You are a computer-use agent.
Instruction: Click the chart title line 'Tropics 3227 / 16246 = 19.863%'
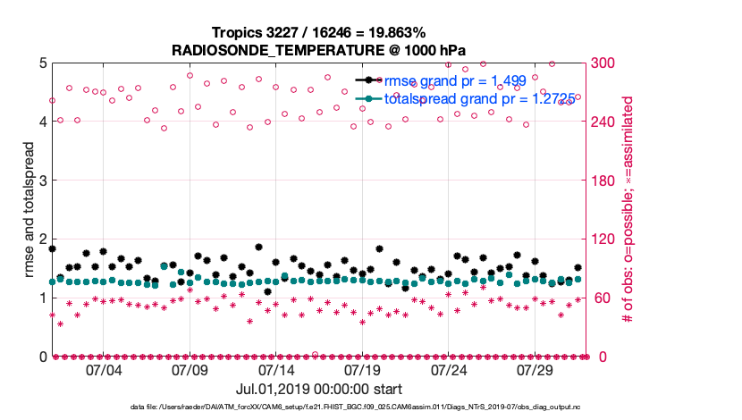point(319,32)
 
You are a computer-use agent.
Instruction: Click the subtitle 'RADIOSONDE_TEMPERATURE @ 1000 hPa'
point(319,50)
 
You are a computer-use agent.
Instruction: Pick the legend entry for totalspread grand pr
point(473,99)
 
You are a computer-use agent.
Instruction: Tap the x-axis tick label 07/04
point(104,370)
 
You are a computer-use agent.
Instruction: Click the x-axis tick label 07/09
point(190,370)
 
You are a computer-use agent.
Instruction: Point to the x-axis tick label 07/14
point(276,370)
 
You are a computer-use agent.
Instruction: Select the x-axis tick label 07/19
point(363,370)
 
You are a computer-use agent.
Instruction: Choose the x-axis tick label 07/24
point(449,370)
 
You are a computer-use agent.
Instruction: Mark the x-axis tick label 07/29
point(535,370)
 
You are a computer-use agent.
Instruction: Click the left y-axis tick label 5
point(42,63)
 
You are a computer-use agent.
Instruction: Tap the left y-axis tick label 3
point(42,181)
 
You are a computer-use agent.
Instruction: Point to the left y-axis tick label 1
point(42,298)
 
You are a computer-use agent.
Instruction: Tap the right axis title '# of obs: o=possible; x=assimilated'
point(628,210)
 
